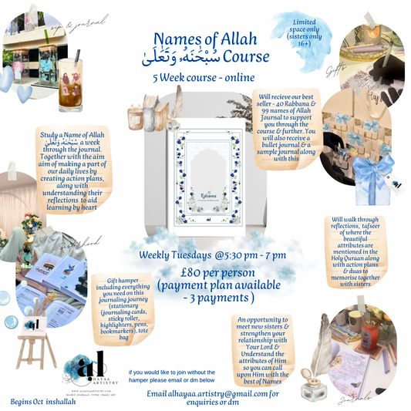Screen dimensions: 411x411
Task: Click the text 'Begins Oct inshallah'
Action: point(42,401)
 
